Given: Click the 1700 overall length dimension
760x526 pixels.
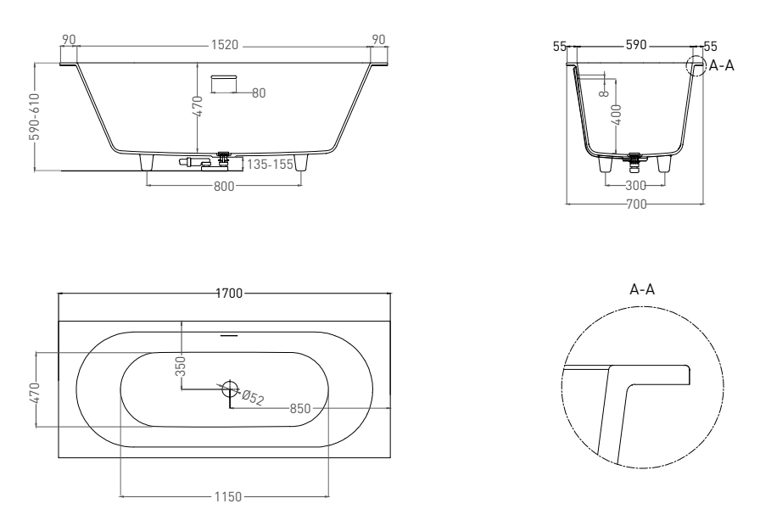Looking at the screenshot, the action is point(229,294).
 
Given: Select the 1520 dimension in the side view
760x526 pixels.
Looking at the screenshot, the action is point(225,45).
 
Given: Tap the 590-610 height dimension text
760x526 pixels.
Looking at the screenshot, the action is point(35,116).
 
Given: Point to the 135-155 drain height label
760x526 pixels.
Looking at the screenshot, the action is point(270,165).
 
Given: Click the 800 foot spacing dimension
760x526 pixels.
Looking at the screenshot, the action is point(224,186).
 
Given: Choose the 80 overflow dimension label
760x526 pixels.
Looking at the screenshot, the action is point(259,93).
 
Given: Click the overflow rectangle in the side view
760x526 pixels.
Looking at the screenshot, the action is point(224,83).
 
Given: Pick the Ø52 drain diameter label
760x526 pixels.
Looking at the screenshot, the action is point(253,398).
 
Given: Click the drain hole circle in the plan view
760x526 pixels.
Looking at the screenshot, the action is point(231,389).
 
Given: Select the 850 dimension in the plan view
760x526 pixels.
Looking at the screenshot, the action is point(300,409).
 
